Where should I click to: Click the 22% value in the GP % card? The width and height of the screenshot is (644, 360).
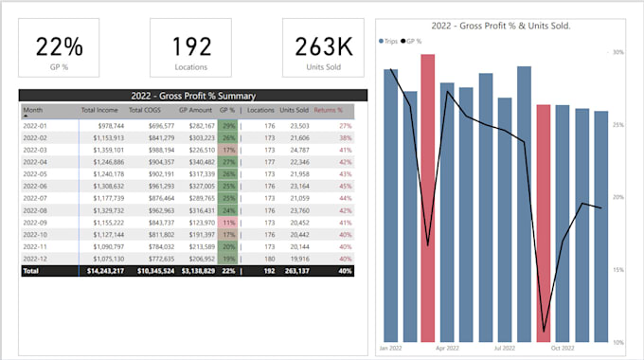coord(59,46)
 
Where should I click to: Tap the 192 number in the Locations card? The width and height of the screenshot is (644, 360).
coord(191,46)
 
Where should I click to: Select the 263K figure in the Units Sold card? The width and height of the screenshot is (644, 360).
coord(323,46)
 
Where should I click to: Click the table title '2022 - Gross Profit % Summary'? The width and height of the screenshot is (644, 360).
coord(192,96)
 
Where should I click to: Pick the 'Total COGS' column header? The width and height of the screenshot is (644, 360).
coord(154,111)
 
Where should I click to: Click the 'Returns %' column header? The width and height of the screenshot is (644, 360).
coord(329,111)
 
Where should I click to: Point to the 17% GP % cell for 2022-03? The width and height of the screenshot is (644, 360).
coord(227,150)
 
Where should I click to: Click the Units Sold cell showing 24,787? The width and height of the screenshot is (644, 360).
coord(295,150)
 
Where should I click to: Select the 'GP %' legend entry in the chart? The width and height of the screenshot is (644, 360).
coord(413,42)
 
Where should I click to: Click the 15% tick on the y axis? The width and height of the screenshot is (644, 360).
coord(617,270)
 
